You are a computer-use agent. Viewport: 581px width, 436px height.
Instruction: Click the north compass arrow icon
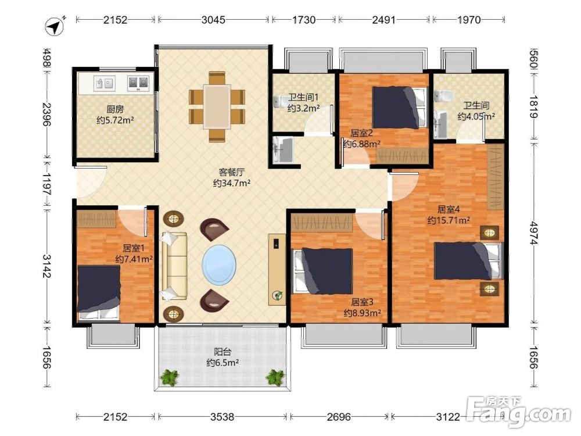tap(55, 26)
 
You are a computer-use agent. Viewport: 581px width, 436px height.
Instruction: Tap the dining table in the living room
tap(217, 107)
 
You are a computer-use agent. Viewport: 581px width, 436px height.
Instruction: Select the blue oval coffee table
tap(219, 265)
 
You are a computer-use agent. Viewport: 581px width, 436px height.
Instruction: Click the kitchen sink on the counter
tap(105, 83)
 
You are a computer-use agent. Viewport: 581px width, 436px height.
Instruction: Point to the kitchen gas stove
tap(138, 83)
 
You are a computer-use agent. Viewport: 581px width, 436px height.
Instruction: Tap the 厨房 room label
tap(115, 109)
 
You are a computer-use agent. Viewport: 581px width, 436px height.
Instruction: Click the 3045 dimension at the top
tap(213, 20)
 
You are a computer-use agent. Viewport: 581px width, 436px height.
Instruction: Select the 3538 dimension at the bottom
tap(223, 417)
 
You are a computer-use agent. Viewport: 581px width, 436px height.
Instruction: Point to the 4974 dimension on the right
tap(533, 233)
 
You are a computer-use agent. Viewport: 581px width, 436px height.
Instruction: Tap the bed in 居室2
tap(400, 108)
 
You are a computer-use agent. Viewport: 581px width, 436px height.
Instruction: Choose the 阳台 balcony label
tap(223, 352)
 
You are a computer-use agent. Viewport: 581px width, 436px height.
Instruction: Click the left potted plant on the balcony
tap(169, 378)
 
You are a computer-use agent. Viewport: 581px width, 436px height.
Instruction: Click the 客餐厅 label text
tap(232, 173)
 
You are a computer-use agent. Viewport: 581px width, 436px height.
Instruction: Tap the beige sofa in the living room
tap(173, 266)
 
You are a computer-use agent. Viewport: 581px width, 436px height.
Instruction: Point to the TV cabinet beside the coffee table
tap(277, 270)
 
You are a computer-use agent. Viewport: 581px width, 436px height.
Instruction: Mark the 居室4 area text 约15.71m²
tap(449, 220)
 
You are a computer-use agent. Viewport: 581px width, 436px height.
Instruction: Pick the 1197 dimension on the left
tap(47, 184)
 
